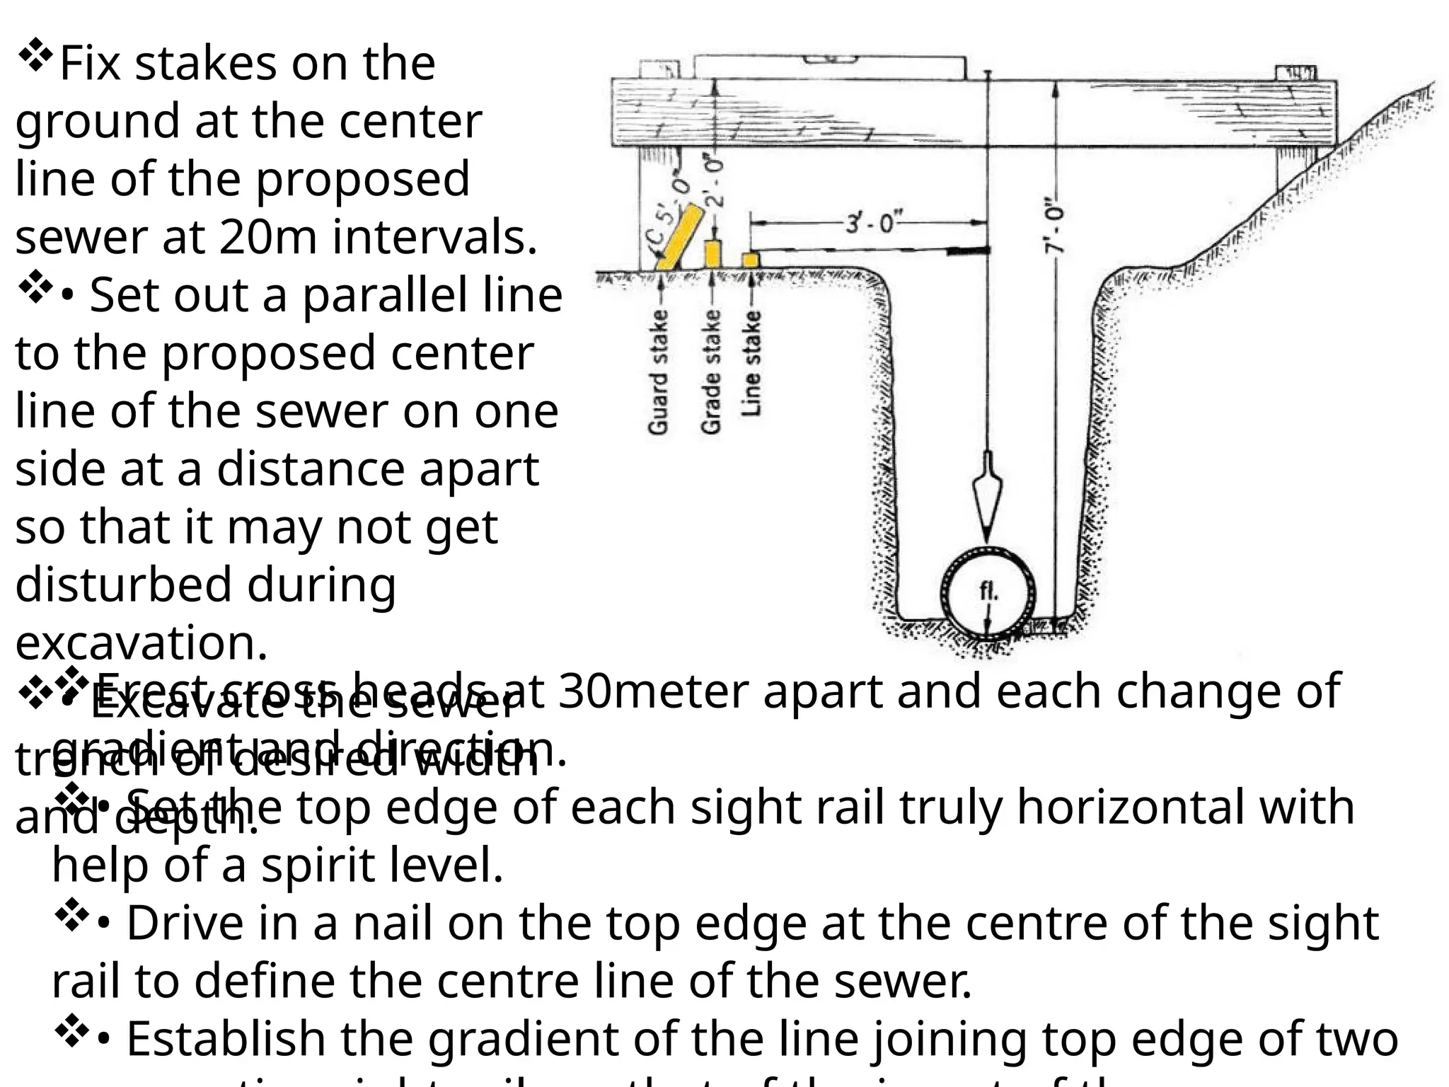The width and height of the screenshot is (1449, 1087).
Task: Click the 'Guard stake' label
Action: point(658,371)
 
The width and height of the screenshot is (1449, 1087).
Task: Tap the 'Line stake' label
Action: point(752,362)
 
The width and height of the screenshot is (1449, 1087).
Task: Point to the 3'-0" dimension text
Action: point(870,224)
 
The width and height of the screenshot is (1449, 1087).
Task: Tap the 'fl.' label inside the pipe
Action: point(988,592)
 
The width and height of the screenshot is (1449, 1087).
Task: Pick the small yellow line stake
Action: point(751,260)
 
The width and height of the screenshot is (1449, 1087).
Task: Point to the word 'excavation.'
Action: point(142,643)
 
